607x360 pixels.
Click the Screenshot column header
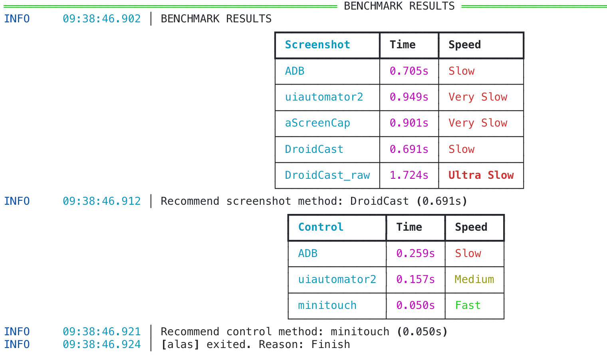click(x=317, y=45)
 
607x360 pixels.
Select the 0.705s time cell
click(x=409, y=71)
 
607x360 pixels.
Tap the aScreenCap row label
click(x=317, y=123)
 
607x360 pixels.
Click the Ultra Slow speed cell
click(x=481, y=175)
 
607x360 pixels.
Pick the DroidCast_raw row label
click(x=327, y=175)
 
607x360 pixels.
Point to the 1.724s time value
click(x=409, y=175)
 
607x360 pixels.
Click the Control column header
click(x=321, y=227)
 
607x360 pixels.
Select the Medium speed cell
click(x=474, y=279)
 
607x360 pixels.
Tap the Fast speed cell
click(x=468, y=305)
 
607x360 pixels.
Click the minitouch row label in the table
click(x=327, y=305)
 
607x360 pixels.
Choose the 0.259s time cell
click(x=415, y=253)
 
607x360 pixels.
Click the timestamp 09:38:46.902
click(x=101, y=19)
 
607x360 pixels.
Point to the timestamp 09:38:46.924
click(x=101, y=344)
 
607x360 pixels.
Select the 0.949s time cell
click(x=409, y=97)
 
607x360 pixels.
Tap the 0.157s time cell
click(x=415, y=279)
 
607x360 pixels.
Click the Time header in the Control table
click(x=409, y=227)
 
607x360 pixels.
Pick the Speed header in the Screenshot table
click(x=464, y=45)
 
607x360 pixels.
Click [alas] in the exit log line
click(x=180, y=344)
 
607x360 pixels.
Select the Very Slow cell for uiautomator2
click(x=478, y=97)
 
